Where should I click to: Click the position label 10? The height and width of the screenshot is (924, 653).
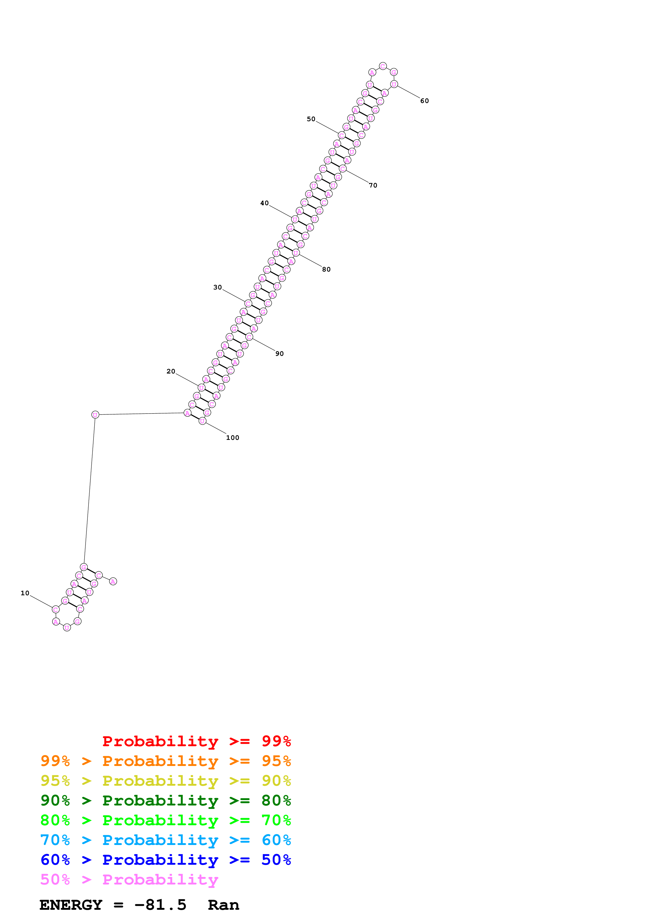[25, 593]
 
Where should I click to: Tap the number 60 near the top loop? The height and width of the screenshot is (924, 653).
[424, 101]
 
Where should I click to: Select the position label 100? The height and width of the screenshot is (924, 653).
[233, 438]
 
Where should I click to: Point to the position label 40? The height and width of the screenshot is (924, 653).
[264, 203]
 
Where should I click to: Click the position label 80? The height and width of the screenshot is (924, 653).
[326, 270]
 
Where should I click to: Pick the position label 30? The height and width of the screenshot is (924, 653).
[218, 287]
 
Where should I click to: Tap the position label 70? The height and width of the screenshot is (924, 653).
[373, 185]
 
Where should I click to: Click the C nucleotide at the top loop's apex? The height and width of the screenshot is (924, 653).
[383, 66]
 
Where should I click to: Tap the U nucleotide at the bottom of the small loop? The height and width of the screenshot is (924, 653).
[67, 628]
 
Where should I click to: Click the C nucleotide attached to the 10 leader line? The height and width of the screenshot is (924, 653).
[56, 610]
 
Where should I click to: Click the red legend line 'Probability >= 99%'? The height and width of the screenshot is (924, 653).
[196, 741]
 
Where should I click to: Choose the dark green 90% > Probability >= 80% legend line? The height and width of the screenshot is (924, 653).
[165, 800]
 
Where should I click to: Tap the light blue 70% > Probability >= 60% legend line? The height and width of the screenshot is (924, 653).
[165, 840]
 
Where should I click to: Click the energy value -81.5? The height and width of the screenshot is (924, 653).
[160, 905]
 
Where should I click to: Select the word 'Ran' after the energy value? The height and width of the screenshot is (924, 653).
[223, 905]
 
